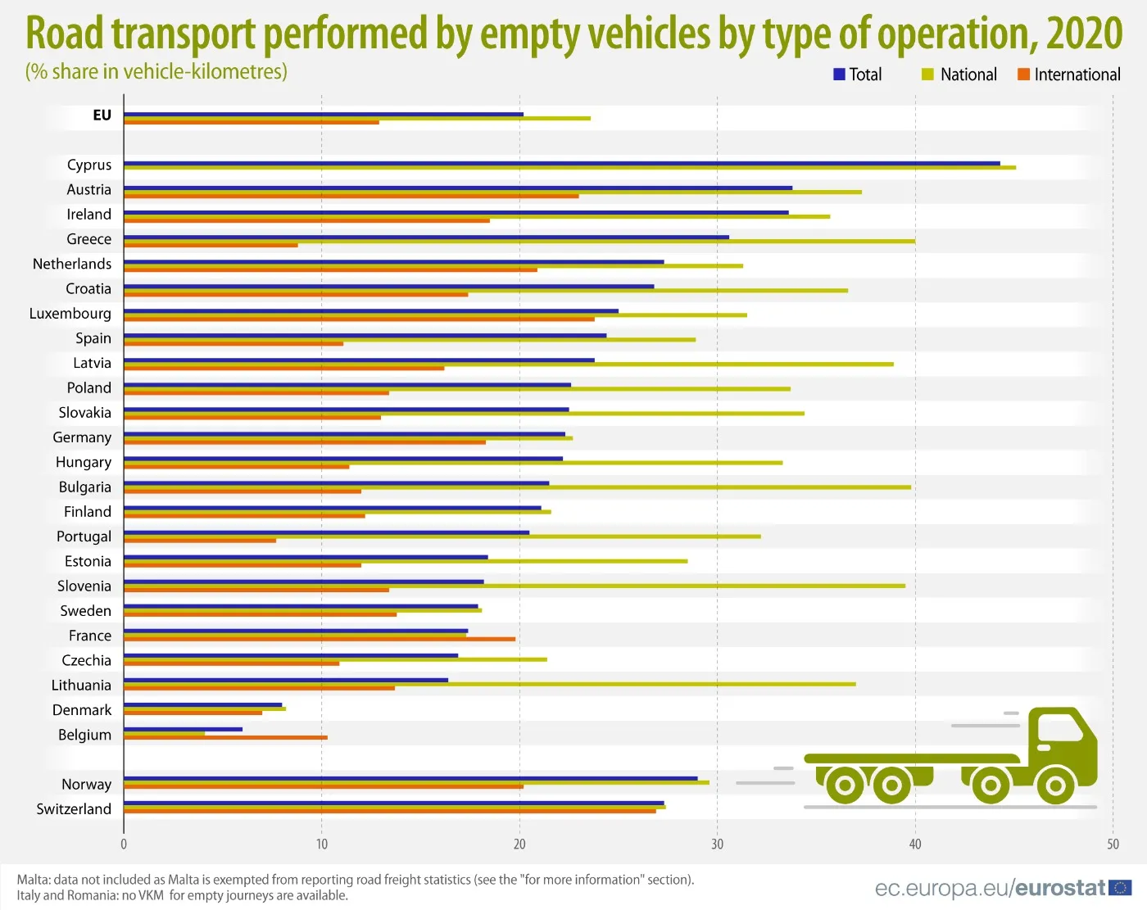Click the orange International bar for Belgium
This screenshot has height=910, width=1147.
point(225,737)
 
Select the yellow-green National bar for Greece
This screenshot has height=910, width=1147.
point(519,241)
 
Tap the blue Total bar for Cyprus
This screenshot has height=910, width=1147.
point(561,163)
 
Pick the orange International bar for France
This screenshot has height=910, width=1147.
point(320,639)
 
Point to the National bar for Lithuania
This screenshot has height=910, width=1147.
point(489,684)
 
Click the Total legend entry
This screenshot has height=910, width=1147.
point(857,75)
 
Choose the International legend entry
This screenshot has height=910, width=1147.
point(1068,75)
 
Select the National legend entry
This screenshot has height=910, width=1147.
point(959,75)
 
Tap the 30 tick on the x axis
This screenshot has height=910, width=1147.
point(717,844)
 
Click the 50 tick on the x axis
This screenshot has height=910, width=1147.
point(1113,844)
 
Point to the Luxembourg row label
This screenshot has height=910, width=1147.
point(70,314)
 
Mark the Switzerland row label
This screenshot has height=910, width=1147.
point(74,809)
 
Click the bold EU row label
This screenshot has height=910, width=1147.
point(102,115)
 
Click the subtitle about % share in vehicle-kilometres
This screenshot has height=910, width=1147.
point(156,72)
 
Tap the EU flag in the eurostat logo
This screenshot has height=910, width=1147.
point(1120,888)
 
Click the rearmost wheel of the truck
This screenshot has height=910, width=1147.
point(845,786)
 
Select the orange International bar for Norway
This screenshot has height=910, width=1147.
point(324,786)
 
